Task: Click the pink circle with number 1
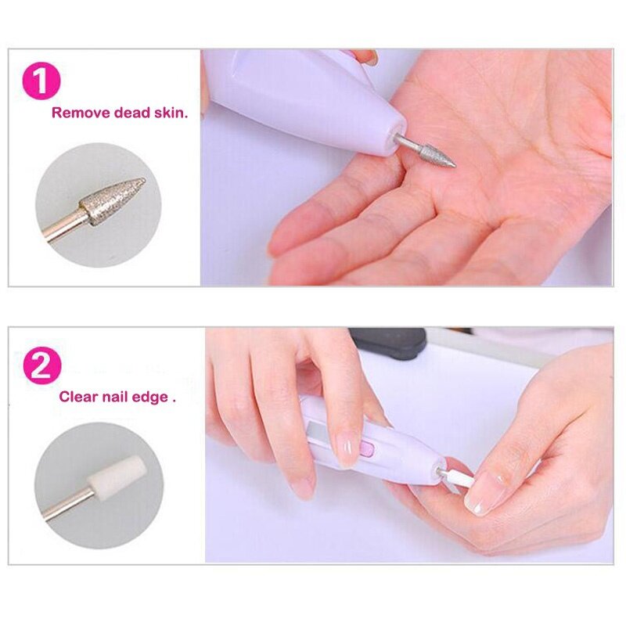tap(41, 81)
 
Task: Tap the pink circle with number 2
tap(42, 366)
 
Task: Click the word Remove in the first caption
tap(81, 113)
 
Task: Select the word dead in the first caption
tap(132, 113)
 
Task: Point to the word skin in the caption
tap(169, 113)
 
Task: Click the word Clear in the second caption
tap(79, 397)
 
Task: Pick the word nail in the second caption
tap(115, 397)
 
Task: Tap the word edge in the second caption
tap(150, 398)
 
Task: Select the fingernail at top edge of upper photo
tap(369, 57)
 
